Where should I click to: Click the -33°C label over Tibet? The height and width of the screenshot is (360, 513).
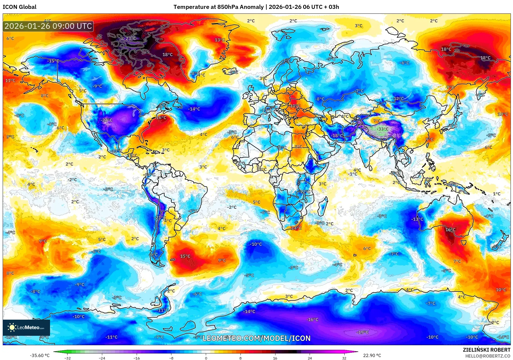point(382,129)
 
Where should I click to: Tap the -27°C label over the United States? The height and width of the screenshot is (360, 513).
point(107,120)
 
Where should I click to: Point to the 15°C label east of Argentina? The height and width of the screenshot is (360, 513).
point(185,256)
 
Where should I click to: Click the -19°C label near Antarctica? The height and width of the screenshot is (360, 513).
point(362,332)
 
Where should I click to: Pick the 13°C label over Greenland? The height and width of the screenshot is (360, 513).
point(220,40)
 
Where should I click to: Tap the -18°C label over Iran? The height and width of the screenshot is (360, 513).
point(337,136)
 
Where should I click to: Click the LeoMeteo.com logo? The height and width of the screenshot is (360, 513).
point(26,327)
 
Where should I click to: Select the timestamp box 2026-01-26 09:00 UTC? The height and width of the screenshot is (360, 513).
point(48,26)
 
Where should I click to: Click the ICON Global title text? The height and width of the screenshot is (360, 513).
point(19,7)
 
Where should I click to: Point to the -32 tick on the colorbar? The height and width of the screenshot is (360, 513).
point(68,358)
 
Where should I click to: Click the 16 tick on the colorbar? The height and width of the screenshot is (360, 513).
point(275,358)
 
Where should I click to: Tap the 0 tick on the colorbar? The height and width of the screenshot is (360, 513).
point(206,358)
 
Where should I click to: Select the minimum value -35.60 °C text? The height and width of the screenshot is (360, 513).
point(40,355)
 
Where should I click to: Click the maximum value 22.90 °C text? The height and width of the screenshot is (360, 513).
point(372,355)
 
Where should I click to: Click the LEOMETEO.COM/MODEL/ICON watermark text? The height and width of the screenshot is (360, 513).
point(256,338)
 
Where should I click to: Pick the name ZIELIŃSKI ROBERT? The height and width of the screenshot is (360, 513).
point(486,350)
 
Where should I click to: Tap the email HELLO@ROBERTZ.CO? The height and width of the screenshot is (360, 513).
point(488,356)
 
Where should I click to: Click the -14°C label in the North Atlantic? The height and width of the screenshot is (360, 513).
point(194,109)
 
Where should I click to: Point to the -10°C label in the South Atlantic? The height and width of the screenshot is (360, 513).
point(256,244)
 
